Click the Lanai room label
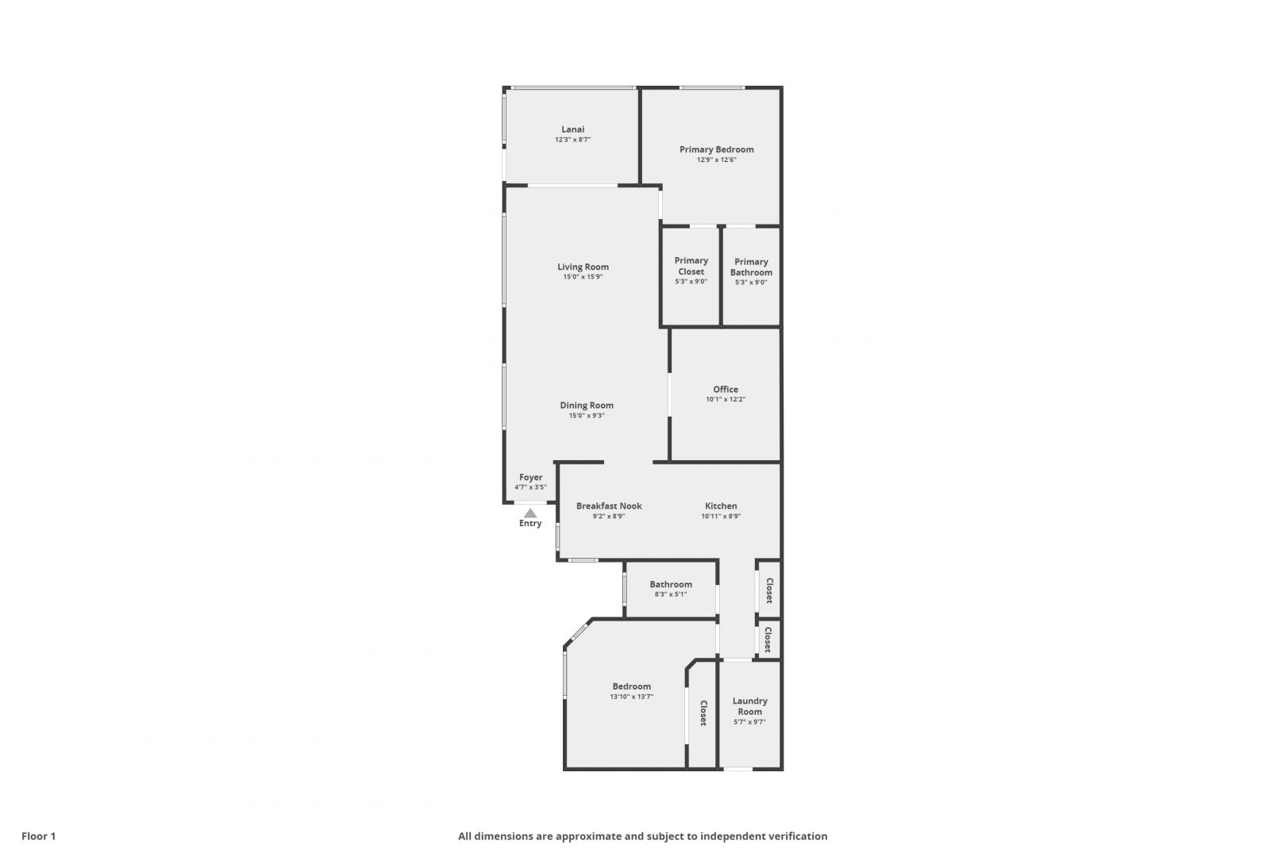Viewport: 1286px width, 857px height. point(573,129)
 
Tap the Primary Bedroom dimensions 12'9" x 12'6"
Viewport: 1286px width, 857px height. point(717,159)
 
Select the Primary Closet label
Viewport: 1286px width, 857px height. point(691,266)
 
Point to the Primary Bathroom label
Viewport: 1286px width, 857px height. point(751,267)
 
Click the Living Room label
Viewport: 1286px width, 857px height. point(583,267)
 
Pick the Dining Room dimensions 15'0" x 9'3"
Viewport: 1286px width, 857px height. point(587,416)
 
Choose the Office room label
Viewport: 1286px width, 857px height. point(726,389)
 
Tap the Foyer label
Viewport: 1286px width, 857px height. point(530,478)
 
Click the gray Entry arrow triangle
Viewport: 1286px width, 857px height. point(530,513)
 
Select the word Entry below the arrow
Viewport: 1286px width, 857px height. point(530,524)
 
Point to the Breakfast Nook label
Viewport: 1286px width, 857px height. point(609,505)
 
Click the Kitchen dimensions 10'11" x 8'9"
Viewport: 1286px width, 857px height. point(721,516)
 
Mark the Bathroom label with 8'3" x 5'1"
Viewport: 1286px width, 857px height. point(671,584)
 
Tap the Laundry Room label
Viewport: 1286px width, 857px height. point(750,706)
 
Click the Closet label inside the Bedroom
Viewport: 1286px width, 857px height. point(703,713)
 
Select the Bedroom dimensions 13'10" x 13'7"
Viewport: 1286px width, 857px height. point(632,697)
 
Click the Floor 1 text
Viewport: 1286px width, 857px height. point(38,836)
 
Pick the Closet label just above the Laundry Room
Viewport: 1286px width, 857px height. point(768,640)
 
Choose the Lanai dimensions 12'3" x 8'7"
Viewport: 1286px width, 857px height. point(573,140)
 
